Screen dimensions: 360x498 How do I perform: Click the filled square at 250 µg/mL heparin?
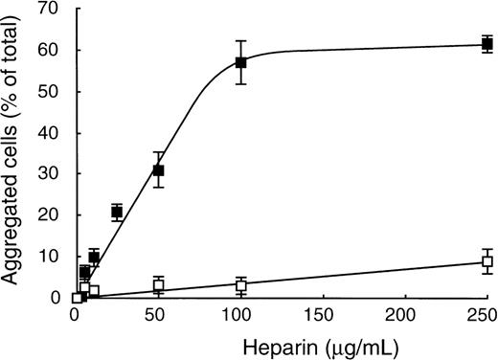click(487, 44)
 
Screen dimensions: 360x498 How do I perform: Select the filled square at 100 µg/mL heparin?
click(241, 62)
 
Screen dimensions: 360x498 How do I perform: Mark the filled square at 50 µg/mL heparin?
click(159, 170)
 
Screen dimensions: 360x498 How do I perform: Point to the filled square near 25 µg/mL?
click(117, 212)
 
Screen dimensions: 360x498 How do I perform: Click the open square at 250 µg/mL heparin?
click(487, 261)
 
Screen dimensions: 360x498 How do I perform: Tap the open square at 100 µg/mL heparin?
click(241, 285)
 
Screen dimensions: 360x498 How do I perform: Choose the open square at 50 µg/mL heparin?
click(159, 285)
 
